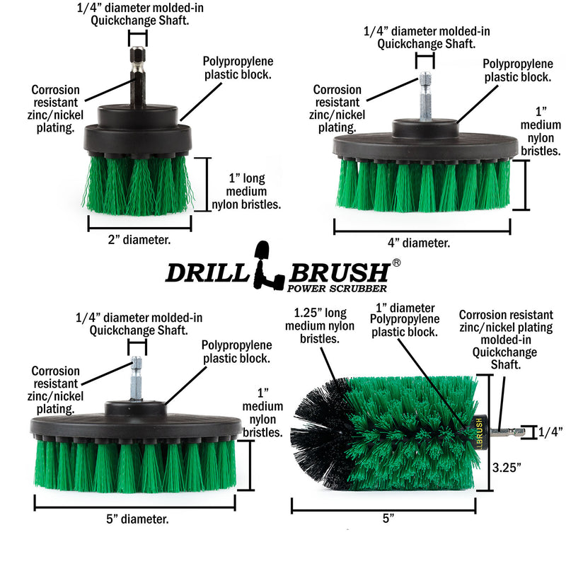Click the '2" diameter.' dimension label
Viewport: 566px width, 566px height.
(139, 239)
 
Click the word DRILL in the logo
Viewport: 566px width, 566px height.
(206, 273)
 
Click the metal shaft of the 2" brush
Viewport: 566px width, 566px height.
(137, 78)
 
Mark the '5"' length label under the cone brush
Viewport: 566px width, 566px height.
(387, 518)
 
